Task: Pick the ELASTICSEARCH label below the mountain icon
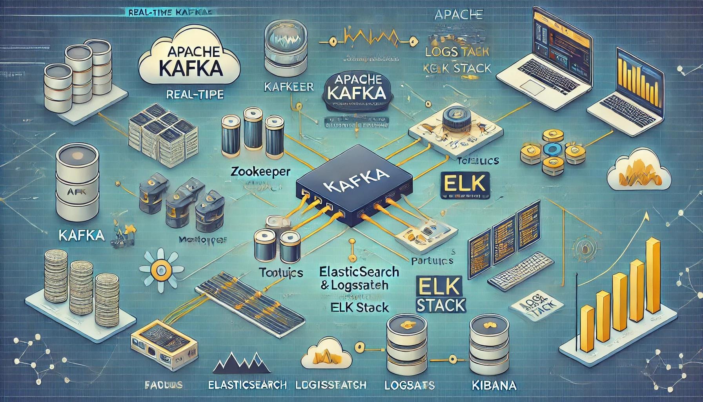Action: [248, 385]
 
